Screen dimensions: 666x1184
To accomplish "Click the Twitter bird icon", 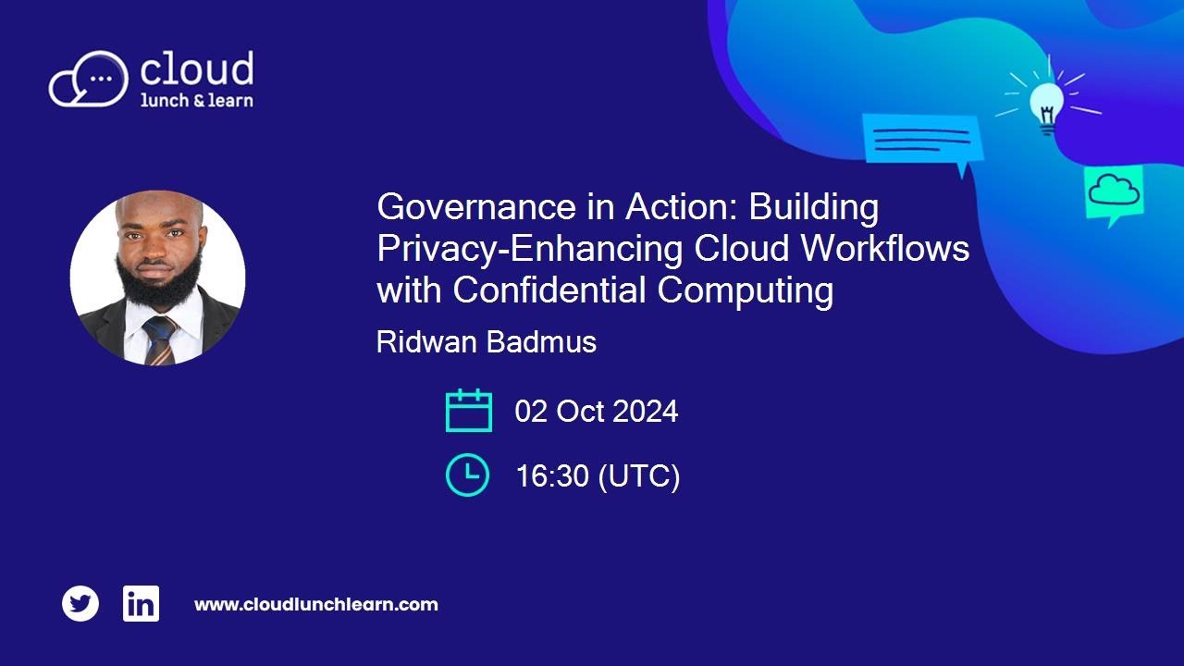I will pyautogui.click(x=80, y=604).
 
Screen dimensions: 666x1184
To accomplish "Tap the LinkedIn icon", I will pyautogui.click(x=141, y=604).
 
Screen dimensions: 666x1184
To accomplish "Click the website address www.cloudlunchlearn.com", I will pyautogui.click(x=315, y=605).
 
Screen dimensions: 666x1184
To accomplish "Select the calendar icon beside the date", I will pyautogui.click(x=468, y=411).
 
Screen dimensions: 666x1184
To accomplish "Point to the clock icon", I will pyautogui.click(x=467, y=475).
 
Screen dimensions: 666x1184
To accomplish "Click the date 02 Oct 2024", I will pyautogui.click(x=597, y=412).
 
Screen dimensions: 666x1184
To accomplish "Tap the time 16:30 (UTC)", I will pyautogui.click(x=598, y=476).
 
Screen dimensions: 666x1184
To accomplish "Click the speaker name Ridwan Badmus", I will pyautogui.click(x=487, y=342).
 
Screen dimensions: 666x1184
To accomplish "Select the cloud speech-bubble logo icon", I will pyautogui.click(x=89, y=79).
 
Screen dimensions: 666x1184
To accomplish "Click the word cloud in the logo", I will pyautogui.click(x=195, y=70).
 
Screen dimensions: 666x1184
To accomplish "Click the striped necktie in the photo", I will pyautogui.click(x=158, y=339).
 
